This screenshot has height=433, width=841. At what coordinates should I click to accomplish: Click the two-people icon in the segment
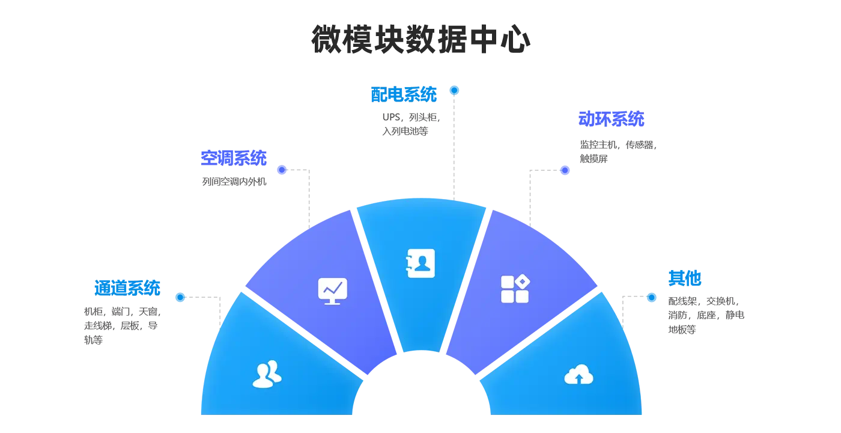267,374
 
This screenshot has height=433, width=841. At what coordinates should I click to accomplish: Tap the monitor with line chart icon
332,291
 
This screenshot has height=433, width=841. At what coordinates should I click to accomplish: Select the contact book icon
421,263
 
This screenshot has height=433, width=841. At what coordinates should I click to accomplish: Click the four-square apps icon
515,289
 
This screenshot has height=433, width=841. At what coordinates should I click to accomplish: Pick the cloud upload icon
578,375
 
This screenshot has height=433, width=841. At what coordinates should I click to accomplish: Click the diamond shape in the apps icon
522,281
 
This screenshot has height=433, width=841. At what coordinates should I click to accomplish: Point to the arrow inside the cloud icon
579,378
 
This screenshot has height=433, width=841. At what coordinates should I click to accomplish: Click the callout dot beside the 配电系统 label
455,90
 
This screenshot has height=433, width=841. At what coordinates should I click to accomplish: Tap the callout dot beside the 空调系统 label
281,170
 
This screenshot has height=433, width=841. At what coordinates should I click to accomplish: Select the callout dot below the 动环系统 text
564,171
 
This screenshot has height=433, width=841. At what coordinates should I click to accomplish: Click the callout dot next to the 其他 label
651,297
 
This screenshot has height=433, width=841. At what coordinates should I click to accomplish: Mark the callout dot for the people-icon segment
179,297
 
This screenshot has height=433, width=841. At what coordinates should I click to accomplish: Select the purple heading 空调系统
232,158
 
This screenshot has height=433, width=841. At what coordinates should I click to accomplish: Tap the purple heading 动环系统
610,119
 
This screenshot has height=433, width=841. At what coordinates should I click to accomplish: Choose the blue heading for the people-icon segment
127,288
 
